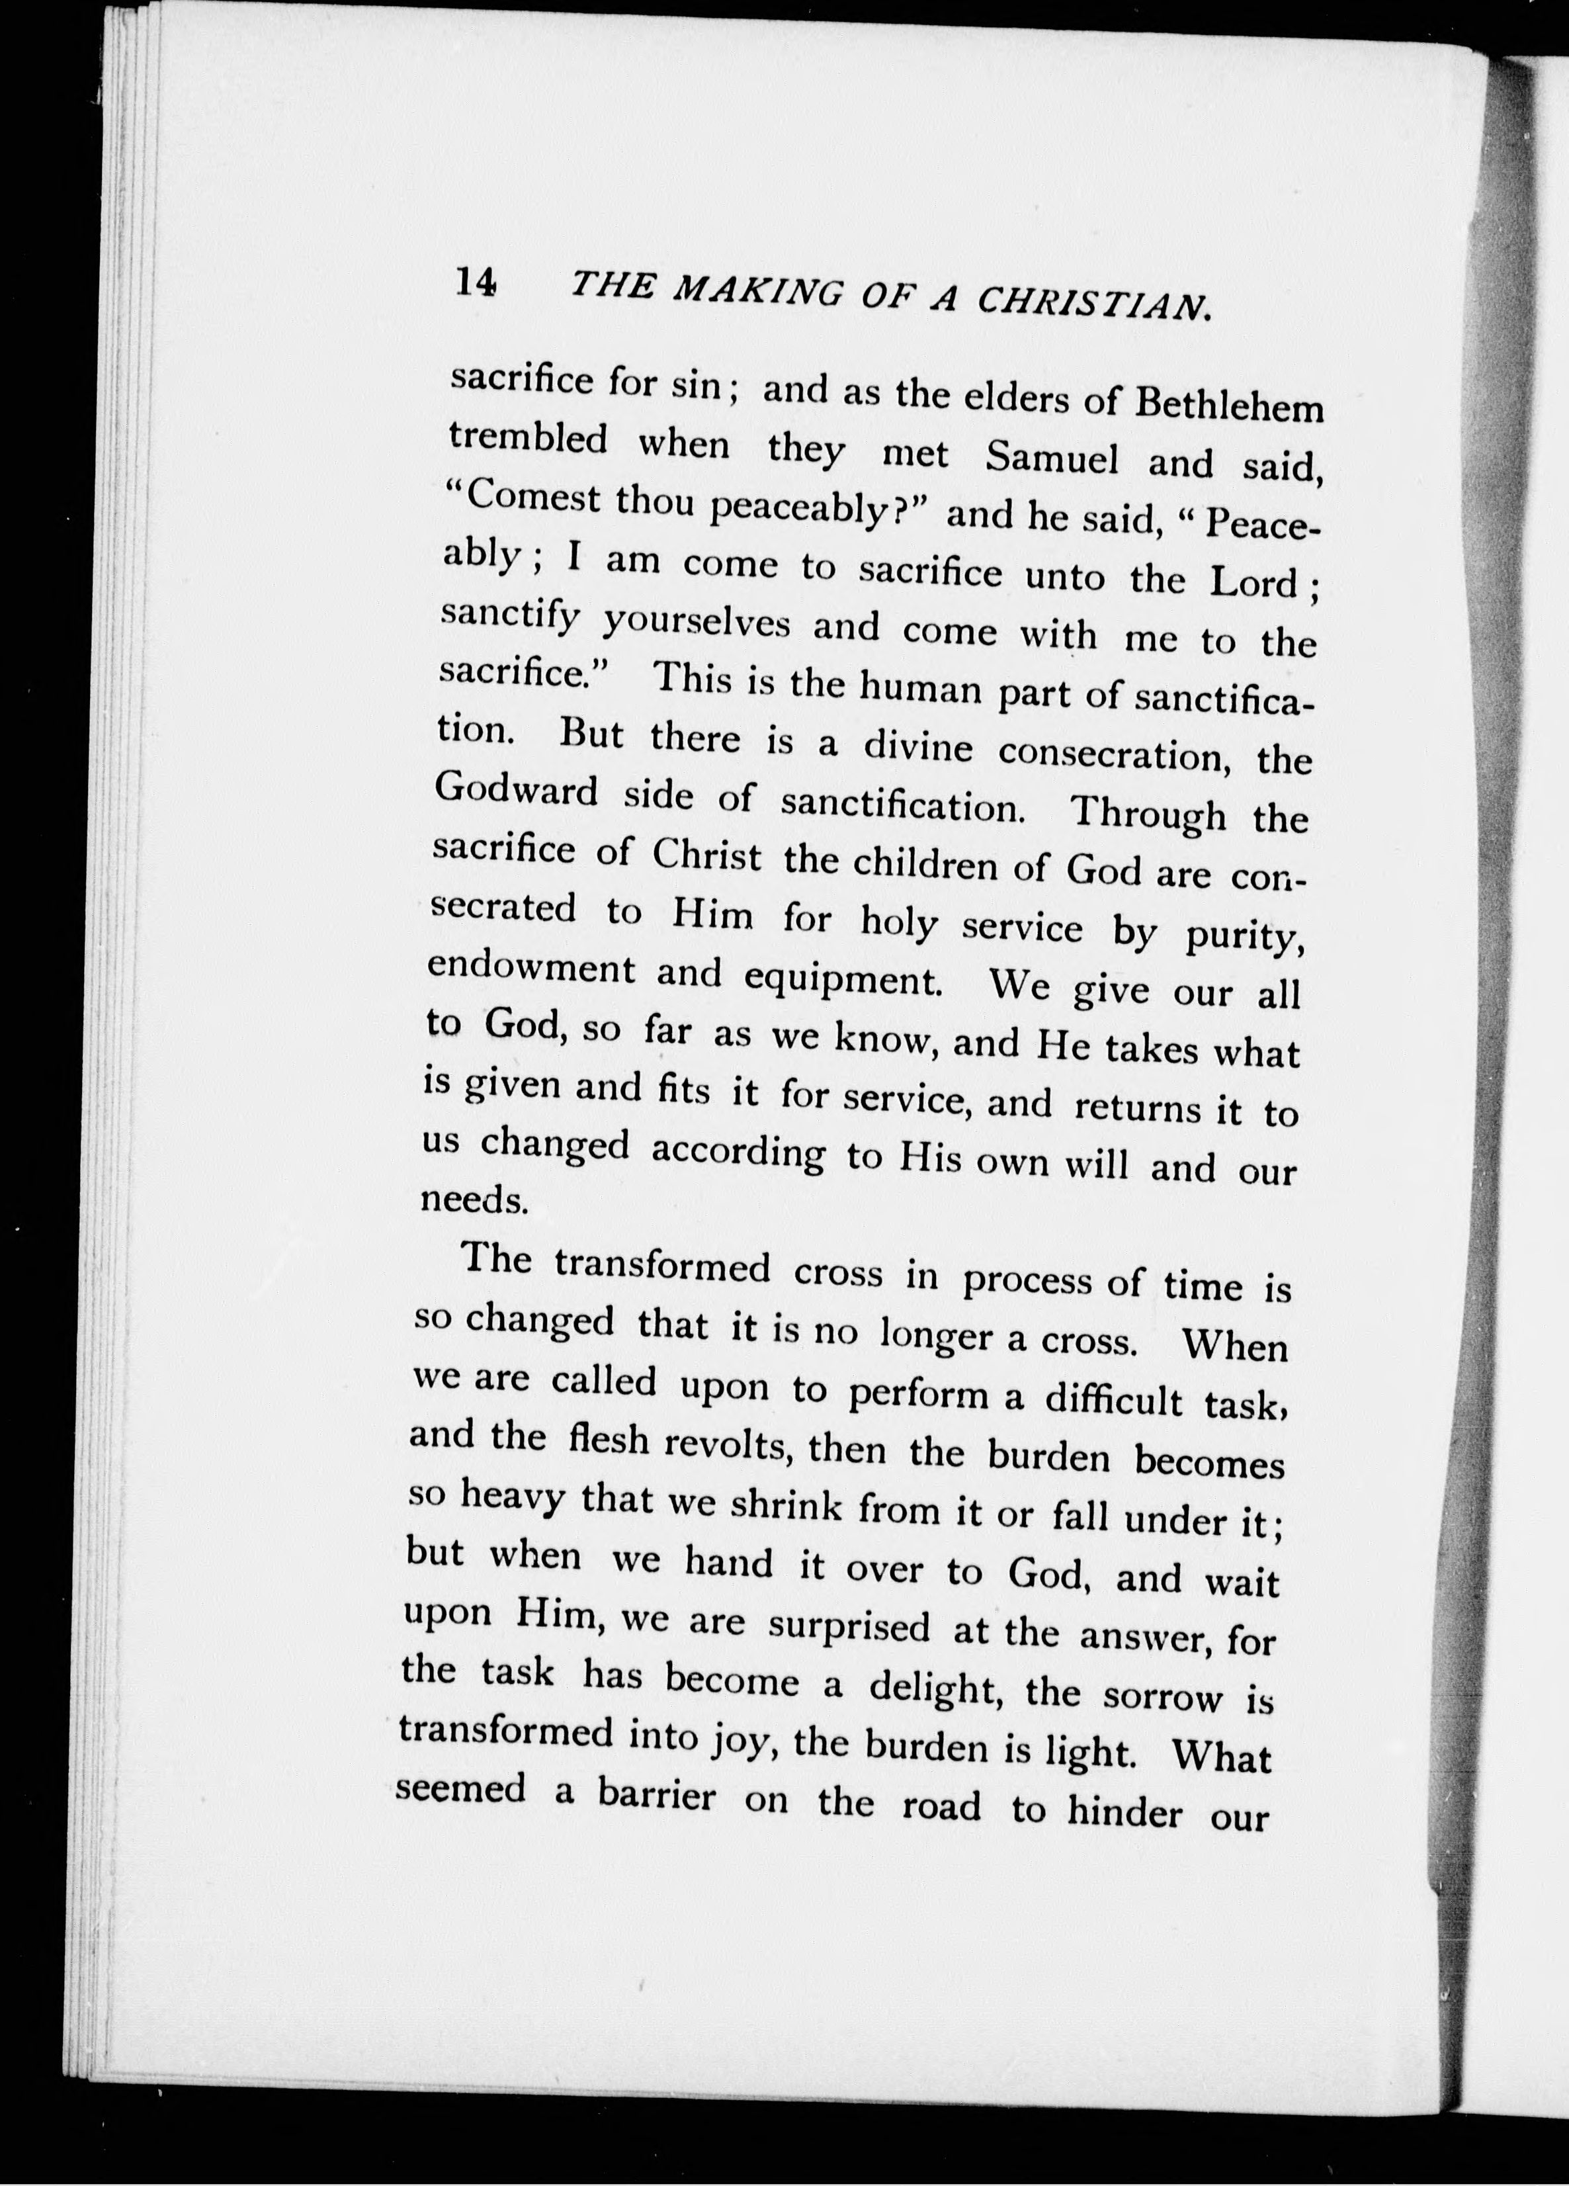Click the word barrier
click(x=656, y=1795)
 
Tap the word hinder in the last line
click(x=1124, y=1810)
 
